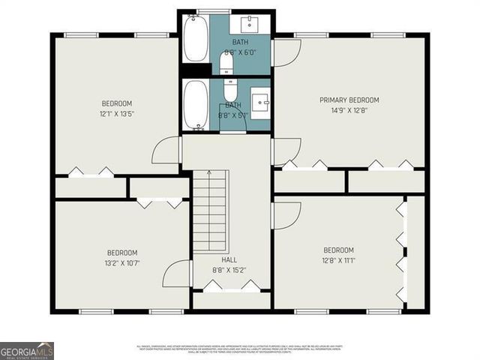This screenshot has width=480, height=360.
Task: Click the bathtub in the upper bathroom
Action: (196, 39)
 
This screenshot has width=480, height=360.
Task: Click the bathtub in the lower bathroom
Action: (196, 104)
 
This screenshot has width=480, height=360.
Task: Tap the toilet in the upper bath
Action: (228, 62)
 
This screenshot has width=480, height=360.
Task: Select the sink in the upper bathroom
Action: (251, 24)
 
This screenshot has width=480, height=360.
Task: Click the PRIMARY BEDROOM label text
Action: (349, 100)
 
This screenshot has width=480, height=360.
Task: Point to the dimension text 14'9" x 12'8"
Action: (349, 109)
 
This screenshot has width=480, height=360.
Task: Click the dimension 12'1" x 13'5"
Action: (117, 113)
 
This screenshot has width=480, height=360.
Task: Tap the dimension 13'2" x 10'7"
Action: (122, 262)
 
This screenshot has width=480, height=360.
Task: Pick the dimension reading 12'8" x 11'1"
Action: (339, 259)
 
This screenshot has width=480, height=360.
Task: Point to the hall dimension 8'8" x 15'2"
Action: (229, 269)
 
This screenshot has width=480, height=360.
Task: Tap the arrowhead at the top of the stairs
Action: (210, 172)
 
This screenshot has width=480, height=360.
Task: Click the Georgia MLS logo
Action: (27, 350)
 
